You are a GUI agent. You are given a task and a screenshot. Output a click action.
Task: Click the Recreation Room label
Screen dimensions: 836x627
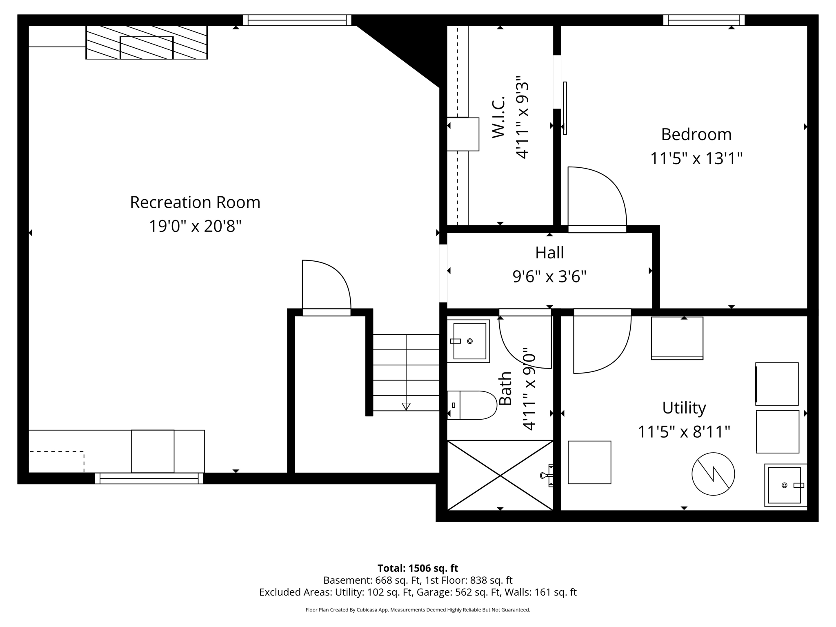pyautogui.click(x=195, y=202)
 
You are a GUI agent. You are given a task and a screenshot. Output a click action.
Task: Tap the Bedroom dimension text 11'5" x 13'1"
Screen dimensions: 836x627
pyautogui.click(x=696, y=158)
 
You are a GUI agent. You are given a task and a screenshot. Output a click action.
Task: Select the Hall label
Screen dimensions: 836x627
pyautogui.click(x=549, y=253)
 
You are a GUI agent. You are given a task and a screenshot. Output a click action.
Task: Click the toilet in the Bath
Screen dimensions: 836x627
pyautogui.click(x=472, y=405)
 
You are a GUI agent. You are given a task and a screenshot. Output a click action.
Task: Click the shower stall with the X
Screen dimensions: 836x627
pyautogui.click(x=500, y=475)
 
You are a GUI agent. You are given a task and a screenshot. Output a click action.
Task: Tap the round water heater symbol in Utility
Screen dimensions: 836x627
pyautogui.click(x=713, y=474)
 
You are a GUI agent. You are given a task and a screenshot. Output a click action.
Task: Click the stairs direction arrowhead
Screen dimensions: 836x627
pyautogui.click(x=406, y=406)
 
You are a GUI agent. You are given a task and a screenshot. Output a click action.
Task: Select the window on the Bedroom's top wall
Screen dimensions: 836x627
pyautogui.click(x=704, y=20)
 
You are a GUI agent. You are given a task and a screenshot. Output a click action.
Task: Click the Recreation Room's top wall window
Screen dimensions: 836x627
pyautogui.click(x=297, y=20)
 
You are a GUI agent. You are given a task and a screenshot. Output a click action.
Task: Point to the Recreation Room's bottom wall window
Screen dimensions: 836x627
pyautogui.click(x=149, y=478)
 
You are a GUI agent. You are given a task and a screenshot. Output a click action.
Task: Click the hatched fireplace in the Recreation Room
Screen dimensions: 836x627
pyautogui.click(x=147, y=42)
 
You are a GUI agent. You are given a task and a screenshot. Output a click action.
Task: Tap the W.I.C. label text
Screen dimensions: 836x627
pyautogui.click(x=499, y=117)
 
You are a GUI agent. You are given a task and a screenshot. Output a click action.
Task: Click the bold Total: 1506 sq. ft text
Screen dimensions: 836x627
pyautogui.click(x=418, y=568)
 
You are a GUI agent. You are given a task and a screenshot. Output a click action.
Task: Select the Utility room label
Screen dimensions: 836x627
pyautogui.click(x=684, y=408)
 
